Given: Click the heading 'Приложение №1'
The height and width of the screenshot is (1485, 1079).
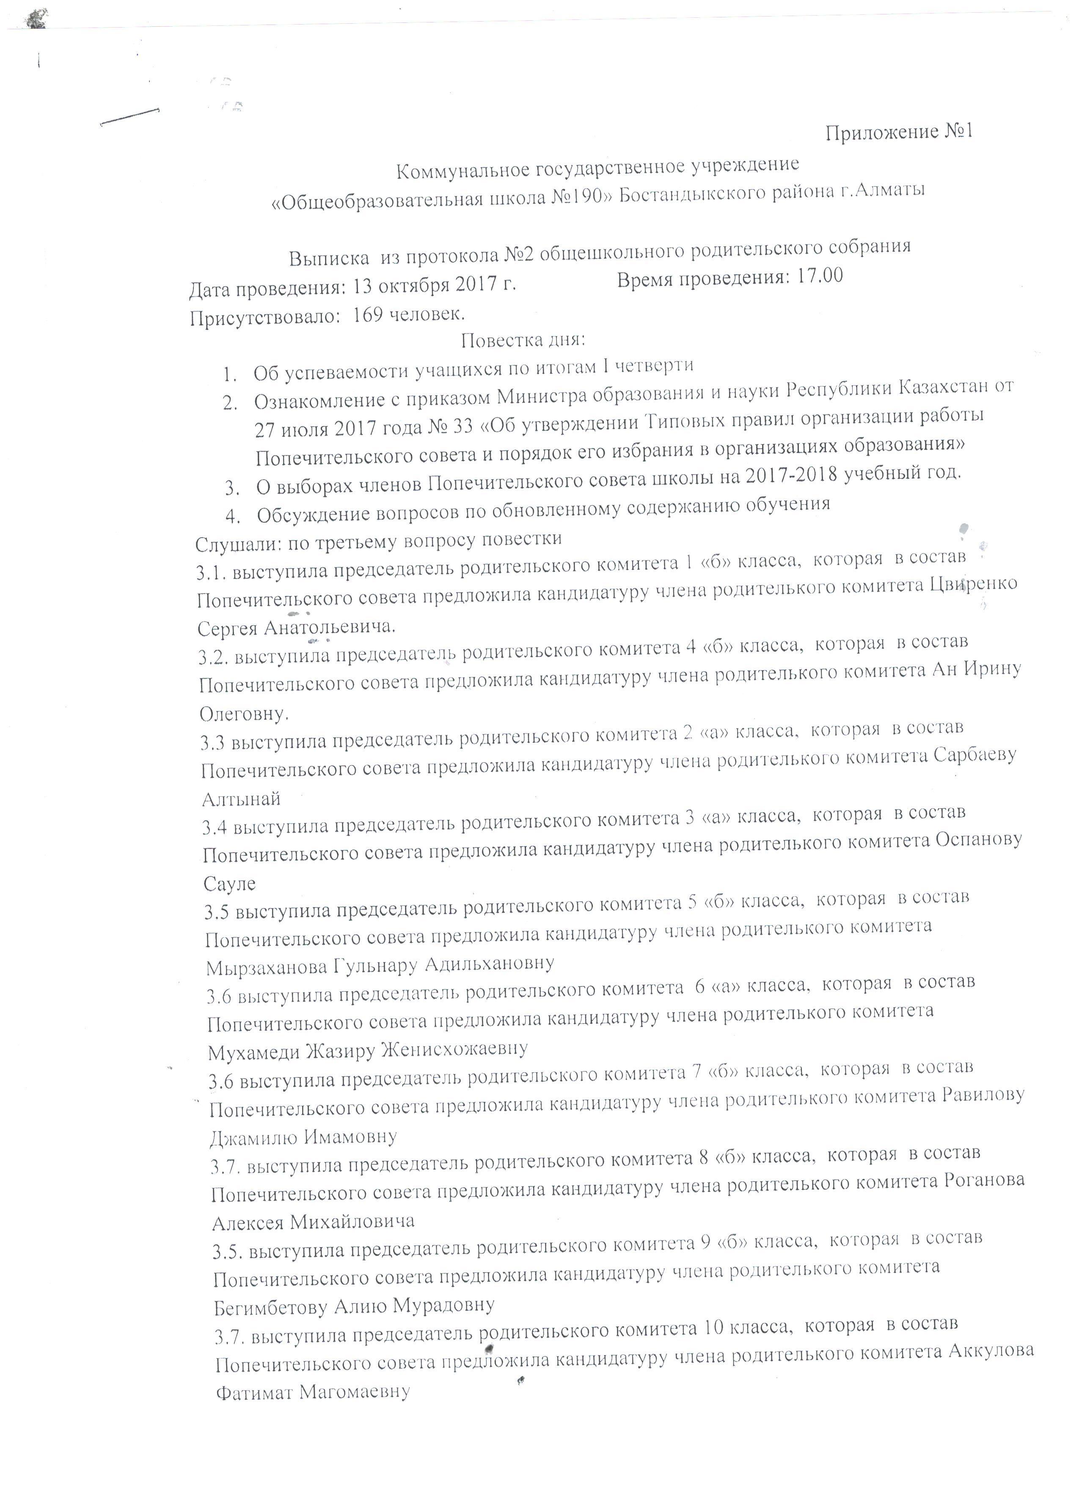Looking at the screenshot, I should pos(898,133).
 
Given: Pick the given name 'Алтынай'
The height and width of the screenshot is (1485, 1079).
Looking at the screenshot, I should pos(242,799).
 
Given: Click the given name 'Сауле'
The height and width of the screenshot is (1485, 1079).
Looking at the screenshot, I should pos(230,884).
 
